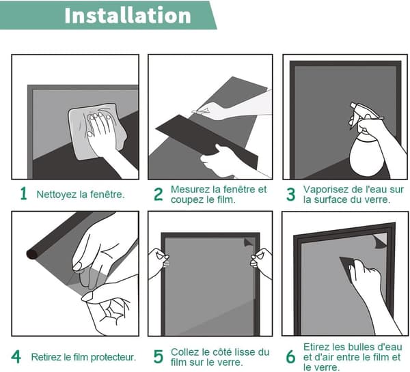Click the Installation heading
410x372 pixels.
coord(128,16)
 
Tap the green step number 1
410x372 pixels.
coord(23,194)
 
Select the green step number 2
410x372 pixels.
coord(159,195)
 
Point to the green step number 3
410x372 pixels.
coord(291,195)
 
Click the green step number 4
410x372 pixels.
coord(16,356)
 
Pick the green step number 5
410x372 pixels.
coord(159,356)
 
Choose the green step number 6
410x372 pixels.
coord(291,357)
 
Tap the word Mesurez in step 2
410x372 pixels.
coord(187,189)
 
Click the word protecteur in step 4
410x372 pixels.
coord(113,357)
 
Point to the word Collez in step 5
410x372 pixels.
coord(182,352)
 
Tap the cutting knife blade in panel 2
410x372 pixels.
coord(200,111)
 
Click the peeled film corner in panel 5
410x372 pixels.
coord(249,242)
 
